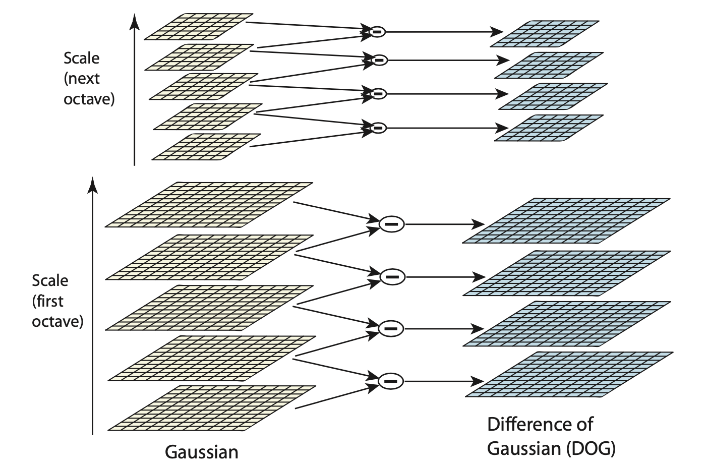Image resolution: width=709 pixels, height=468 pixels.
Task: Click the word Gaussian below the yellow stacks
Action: [x=202, y=451]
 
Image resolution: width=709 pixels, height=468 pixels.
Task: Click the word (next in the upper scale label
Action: [x=82, y=79]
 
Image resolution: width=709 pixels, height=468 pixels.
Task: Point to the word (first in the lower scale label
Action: [x=48, y=301]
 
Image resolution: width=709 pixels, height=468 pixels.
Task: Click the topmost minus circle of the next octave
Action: [x=377, y=32]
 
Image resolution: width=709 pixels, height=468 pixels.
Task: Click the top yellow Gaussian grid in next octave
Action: [x=198, y=26]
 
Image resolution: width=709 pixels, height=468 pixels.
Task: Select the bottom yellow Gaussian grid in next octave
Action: [x=206, y=147]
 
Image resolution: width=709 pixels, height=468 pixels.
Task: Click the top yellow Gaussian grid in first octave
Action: [x=208, y=204]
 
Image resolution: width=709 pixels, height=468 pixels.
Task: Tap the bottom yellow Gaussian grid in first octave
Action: [x=212, y=408]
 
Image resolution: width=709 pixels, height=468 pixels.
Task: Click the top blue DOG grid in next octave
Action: [x=545, y=33]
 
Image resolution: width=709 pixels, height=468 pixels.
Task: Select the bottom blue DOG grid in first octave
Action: [x=569, y=374]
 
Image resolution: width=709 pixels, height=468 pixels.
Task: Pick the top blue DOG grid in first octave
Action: [x=567, y=221]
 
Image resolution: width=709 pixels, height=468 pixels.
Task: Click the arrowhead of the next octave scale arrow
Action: [x=134, y=21]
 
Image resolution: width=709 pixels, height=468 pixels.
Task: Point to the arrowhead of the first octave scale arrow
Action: [x=92, y=185]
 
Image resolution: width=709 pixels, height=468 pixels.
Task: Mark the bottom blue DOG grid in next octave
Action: [x=549, y=128]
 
